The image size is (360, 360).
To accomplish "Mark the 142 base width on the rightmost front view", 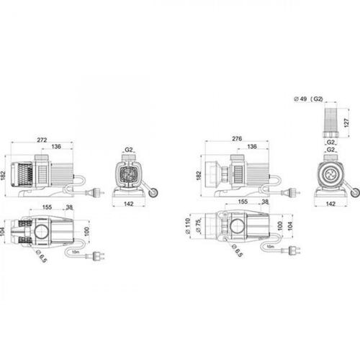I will click(330, 204).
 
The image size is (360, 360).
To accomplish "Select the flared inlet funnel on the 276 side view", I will click(213, 176).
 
